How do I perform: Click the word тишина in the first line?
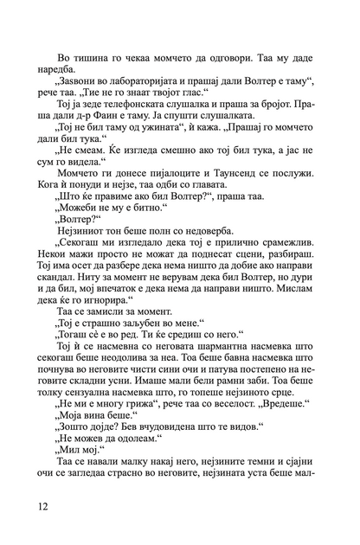pyautogui.click(x=88, y=33)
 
